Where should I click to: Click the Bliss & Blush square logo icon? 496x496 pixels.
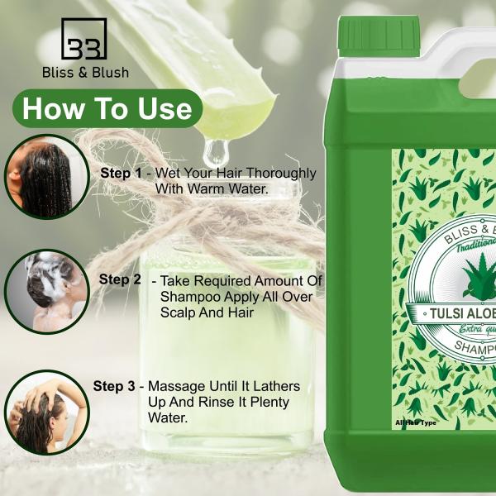85,38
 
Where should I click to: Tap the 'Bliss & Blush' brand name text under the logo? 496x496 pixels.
85,73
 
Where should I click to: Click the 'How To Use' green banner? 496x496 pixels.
107,108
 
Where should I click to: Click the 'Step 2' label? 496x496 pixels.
120,279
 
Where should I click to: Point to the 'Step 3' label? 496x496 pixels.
114,386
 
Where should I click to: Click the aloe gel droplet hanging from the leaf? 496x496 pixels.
217,151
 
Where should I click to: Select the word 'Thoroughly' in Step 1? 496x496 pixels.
279,174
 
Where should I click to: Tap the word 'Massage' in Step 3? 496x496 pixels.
176,387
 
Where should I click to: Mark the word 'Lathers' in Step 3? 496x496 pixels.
277,387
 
